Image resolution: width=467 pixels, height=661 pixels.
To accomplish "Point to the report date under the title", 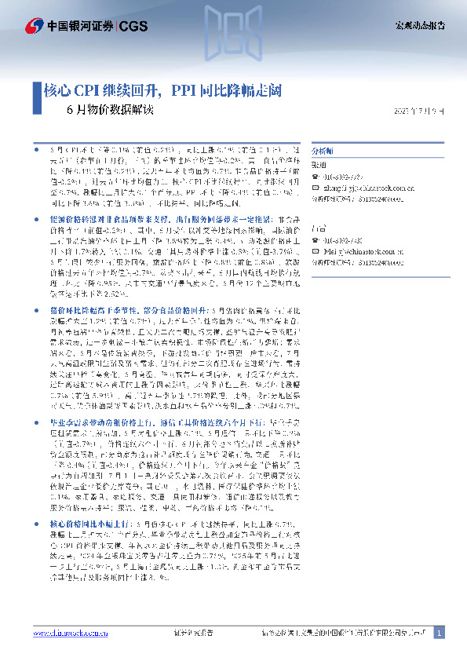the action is (x=418, y=110).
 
